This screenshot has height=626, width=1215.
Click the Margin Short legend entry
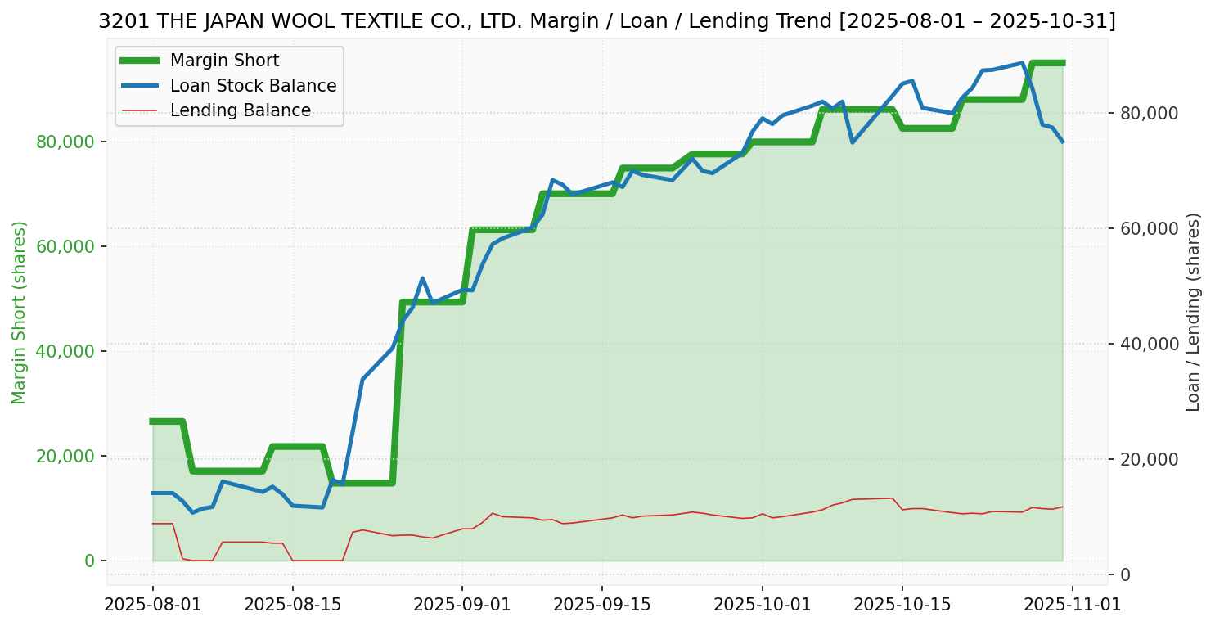click(224, 61)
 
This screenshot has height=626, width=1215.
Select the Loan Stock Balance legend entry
click(253, 86)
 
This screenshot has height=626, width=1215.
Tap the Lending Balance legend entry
click(240, 110)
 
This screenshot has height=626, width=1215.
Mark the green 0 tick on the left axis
click(89, 561)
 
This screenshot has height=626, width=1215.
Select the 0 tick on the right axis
click(1125, 574)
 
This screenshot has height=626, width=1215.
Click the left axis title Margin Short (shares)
click(20, 312)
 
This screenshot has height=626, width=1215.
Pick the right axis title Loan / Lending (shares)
click(1193, 312)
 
